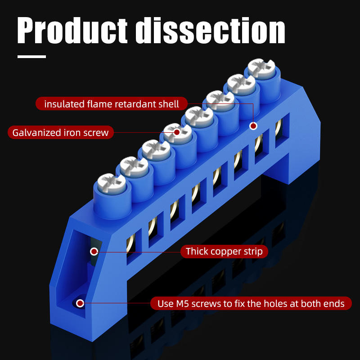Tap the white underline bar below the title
pos(31,57)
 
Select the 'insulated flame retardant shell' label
pos(112,104)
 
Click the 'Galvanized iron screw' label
pos(60,132)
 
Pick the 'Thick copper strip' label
pos(224,251)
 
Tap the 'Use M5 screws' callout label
pos(251,303)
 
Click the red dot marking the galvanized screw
pos(177,132)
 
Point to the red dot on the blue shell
pos(253,126)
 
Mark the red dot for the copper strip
pos(94,251)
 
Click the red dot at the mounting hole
pos(81,303)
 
